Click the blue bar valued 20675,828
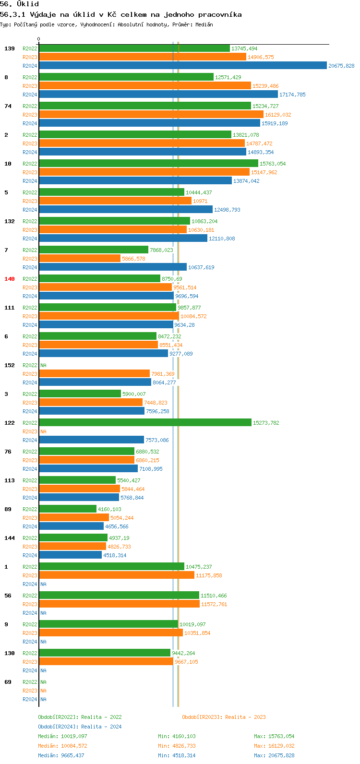tap(182, 66)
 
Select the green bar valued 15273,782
tap(145, 423)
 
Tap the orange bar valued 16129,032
tap(151, 115)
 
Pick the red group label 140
tap(10, 279)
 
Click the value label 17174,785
tap(292, 95)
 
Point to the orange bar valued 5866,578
tap(80, 259)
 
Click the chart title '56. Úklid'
tap(20, 4)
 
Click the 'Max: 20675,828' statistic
tap(274, 755)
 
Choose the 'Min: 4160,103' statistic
tap(177, 736)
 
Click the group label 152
tap(10, 365)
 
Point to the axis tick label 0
tap(39, 39)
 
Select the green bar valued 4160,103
tap(68, 509)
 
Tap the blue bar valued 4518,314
tap(70, 555)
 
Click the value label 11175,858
tap(209, 575)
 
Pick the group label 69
tap(8, 682)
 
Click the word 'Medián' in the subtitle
tap(203, 24)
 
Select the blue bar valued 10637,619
tap(113, 267)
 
